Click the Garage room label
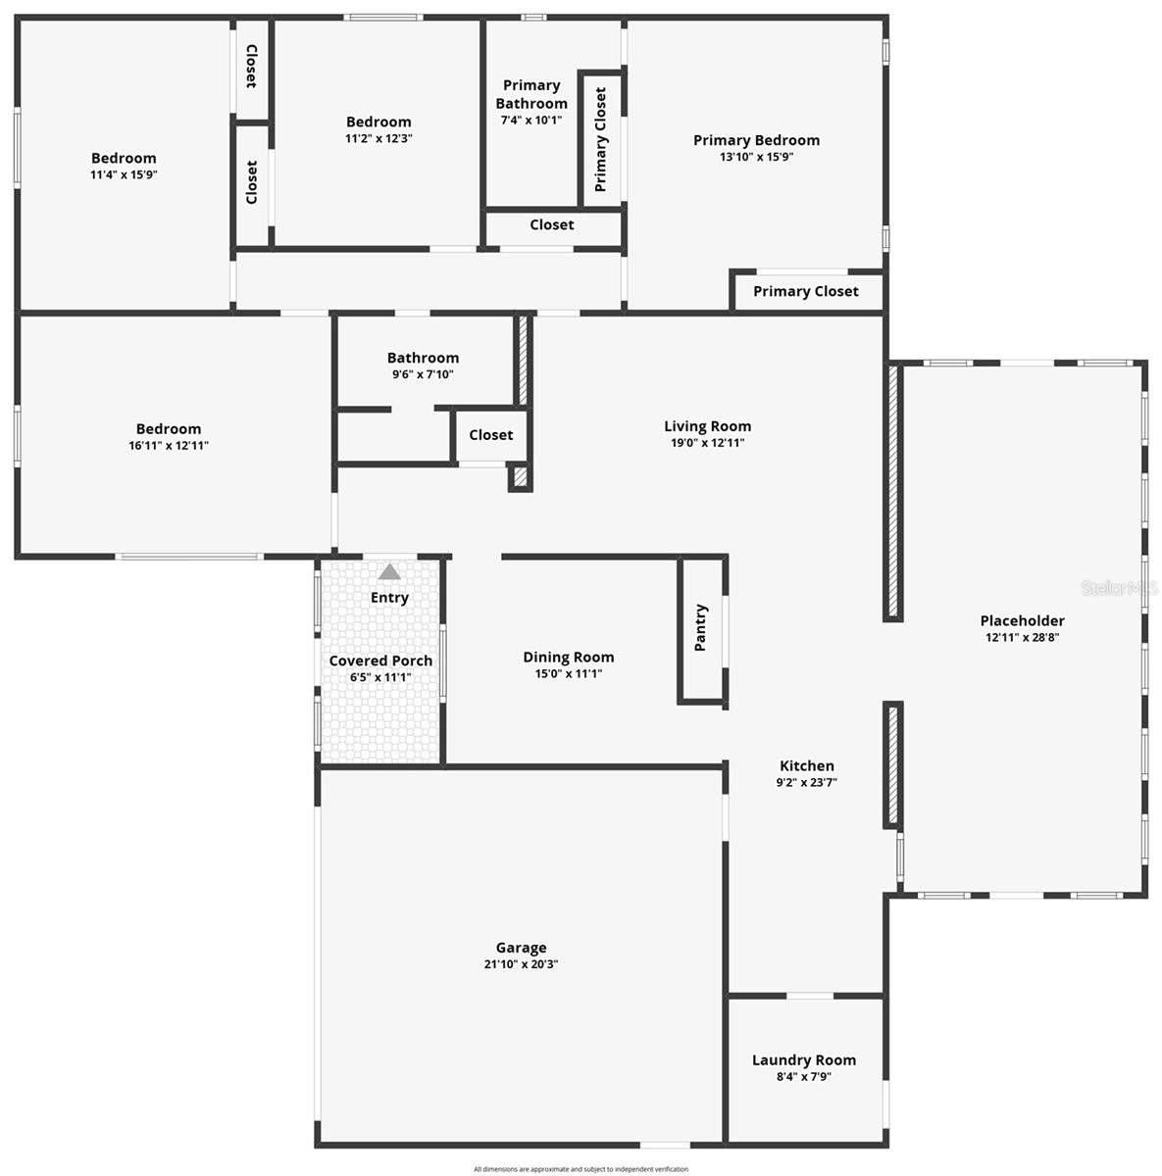pyautogui.click(x=521, y=948)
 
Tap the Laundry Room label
pyautogui.click(x=803, y=1059)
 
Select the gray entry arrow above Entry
pyautogui.click(x=389, y=571)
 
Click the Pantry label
pyautogui.click(x=701, y=628)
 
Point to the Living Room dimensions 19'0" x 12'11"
pyautogui.click(x=707, y=443)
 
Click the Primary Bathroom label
pyautogui.click(x=530, y=94)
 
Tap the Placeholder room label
pyautogui.click(x=1022, y=620)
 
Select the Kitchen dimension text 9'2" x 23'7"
pyautogui.click(x=806, y=782)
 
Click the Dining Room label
pyautogui.click(x=568, y=657)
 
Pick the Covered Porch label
pyautogui.click(x=380, y=661)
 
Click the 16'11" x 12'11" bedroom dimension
pyautogui.click(x=168, y=445)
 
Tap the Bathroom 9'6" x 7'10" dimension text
pyautogui.click(x=423, y=374)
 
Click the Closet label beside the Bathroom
pyautogui.click(x=490, y=434)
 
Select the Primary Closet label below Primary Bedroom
pyautogui.click(x=805, y=291)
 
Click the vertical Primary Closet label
pyautogui.click(x=600, y=140)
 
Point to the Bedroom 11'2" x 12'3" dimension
pyautogui.click(x=379, y=138)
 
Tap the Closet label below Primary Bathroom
pyautogui.click(x=551, y=224)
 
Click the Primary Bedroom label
pyautogui.click(x=756, y=140)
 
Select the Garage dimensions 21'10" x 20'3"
pyautogui.click(x=521, y=964)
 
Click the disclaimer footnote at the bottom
pyautogui.click(x=581, y=1169)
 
